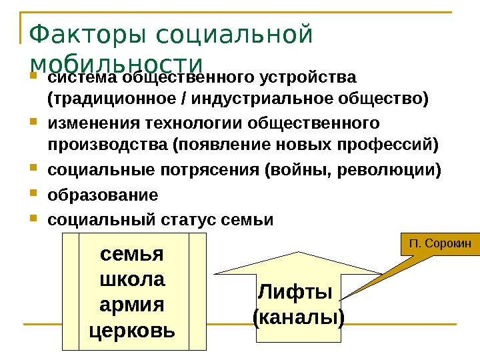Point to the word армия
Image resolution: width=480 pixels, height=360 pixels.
pyautogui.click(x=131, y=304)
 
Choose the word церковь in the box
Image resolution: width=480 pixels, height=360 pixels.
pyautogui.click(x=131, y=329)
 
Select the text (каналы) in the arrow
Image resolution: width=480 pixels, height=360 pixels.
pyautogui.click(x=299, y=316)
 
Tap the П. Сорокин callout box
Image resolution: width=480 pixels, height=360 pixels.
pyautogui.click(x=440, y=245)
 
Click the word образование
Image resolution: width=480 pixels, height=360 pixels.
pyautogui.click(x=103, y=195)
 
